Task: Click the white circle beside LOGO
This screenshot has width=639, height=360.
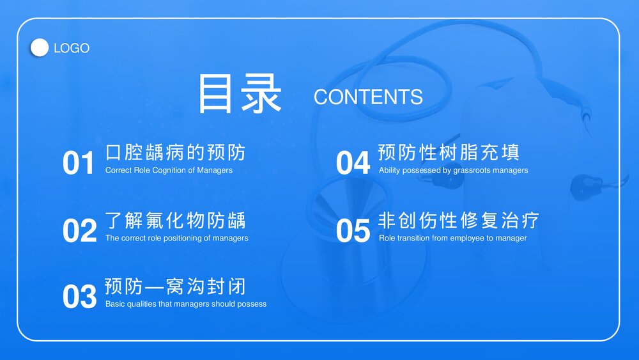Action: [40, 48]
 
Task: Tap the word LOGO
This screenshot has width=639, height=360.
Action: [72, 49]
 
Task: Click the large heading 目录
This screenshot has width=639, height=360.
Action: [240, 95]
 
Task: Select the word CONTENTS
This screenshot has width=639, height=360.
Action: [368, 97]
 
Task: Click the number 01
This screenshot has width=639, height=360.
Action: [79, 164]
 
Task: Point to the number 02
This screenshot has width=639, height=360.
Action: [79, 231]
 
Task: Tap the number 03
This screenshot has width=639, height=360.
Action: [79, 297]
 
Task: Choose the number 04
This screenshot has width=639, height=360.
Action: [353, 164]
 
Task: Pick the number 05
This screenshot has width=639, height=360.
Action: [353, 231]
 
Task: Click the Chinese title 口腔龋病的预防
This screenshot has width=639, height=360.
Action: [175, 153]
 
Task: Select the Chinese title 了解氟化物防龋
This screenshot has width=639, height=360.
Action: [175, 221]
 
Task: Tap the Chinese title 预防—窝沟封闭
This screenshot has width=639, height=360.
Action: [175, 286]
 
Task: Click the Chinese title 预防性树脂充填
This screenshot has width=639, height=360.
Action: [449, 153]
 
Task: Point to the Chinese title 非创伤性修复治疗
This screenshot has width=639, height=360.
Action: [459, 221]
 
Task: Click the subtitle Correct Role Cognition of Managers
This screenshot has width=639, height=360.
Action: [169, 171]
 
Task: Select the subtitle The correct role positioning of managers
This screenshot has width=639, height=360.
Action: [176, 238]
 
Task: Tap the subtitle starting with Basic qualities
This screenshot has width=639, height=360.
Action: [185, 304]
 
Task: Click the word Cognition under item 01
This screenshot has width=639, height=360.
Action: [170, 171]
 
